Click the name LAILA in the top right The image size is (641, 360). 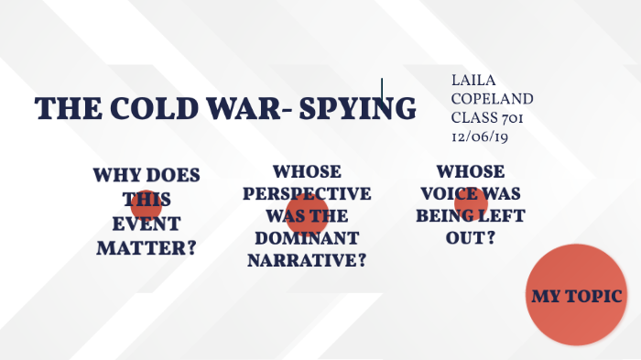pos(472,81)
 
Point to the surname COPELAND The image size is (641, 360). pos(492,99)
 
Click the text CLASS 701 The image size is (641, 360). pos(486,117)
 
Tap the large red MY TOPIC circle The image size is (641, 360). pos(576,296)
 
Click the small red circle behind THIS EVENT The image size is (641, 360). pos(147,206)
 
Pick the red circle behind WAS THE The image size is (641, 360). pos(307,213)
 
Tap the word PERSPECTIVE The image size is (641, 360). pos(308,194)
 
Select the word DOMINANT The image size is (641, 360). pos(308,238)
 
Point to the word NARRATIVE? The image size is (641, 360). pos(308,260)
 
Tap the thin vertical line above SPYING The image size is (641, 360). pos(382,89)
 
